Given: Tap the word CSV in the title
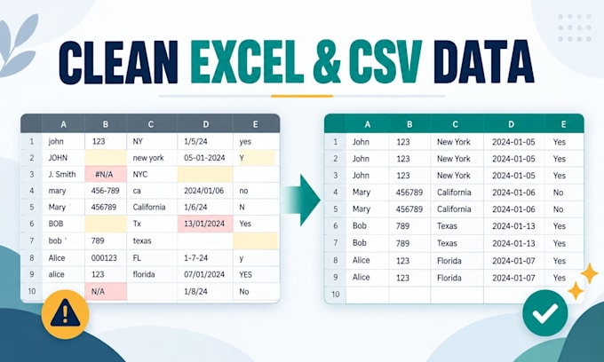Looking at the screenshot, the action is (x=385, y=61).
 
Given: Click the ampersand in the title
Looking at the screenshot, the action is (x=327, y=61).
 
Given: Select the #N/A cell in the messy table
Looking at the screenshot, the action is (x=106, y=174).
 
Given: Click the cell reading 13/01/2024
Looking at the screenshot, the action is (x=205, y=224).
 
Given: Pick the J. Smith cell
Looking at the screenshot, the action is (x=63, y=174).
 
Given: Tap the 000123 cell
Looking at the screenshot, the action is (x=106, y=257).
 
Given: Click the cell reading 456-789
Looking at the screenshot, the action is (x=106, y=191).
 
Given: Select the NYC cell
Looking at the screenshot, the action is (x=152, y=174).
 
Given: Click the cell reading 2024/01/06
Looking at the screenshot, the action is (x=205, y=191).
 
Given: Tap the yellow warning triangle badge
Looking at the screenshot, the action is (x=65, y=314).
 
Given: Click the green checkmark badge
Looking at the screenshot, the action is (x=545, y=313).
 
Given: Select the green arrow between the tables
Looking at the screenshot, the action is (x=301, y=200).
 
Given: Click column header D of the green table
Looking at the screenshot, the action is (x=511, y=124).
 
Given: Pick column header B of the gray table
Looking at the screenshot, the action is (x=105, y=124).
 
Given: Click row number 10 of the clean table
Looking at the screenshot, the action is (x=335, y=295).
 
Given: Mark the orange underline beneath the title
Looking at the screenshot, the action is (x=302, y=96).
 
